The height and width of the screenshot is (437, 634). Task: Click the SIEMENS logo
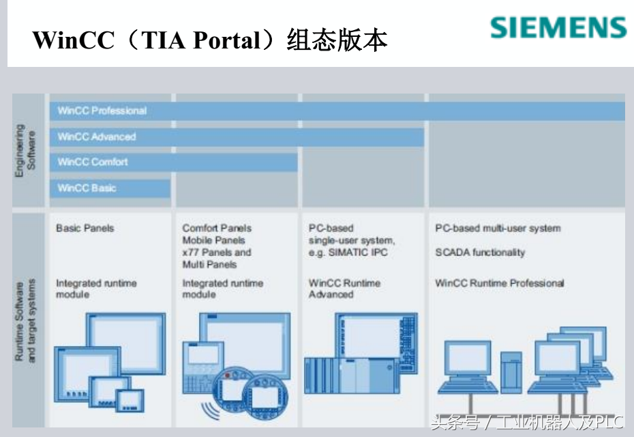click(x=558, y=27)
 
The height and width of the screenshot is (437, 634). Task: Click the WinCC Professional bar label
click(x=102, y=111)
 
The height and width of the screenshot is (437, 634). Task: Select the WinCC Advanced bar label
click(x=97, y=137)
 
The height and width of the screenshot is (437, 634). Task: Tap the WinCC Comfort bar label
click(x=93, y=162)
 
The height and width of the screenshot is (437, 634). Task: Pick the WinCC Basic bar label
click(x=87, y=188)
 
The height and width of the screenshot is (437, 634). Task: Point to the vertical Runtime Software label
click(x=25, y=320)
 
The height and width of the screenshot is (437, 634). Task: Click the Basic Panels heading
click(x=85, y=228)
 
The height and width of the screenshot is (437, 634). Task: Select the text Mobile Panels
click(x=213, y=240)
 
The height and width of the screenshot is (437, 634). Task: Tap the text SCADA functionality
click(x=480, y=253)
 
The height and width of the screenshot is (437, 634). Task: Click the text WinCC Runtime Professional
click(x=499, y=283)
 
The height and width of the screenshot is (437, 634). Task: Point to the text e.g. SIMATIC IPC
click(x=348, y=253)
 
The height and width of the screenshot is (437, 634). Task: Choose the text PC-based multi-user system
click(x=498, y=228)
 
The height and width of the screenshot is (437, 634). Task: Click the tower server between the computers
click(x=511, y=372)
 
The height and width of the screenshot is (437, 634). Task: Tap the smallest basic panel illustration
click(x=130, y=401)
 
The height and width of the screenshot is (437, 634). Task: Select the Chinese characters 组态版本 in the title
click(x=337, y=40)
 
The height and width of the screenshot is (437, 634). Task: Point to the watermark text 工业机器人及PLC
click(x=560, y=423)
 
